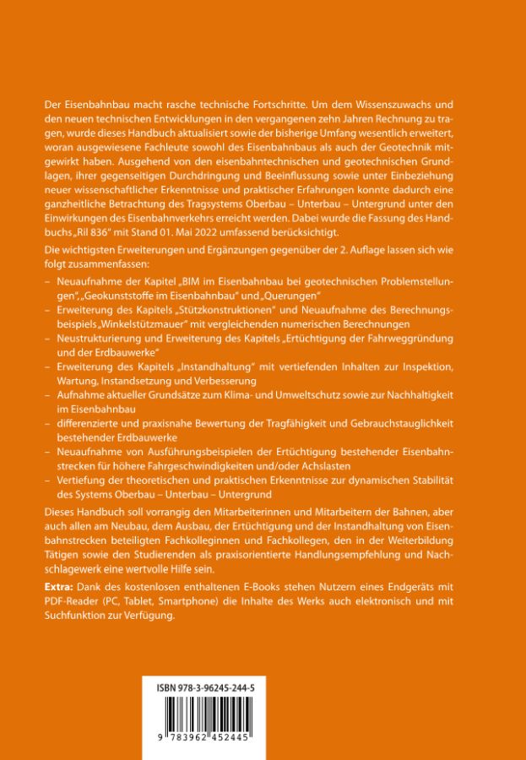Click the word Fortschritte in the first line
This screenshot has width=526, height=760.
[x=300, y=102]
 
